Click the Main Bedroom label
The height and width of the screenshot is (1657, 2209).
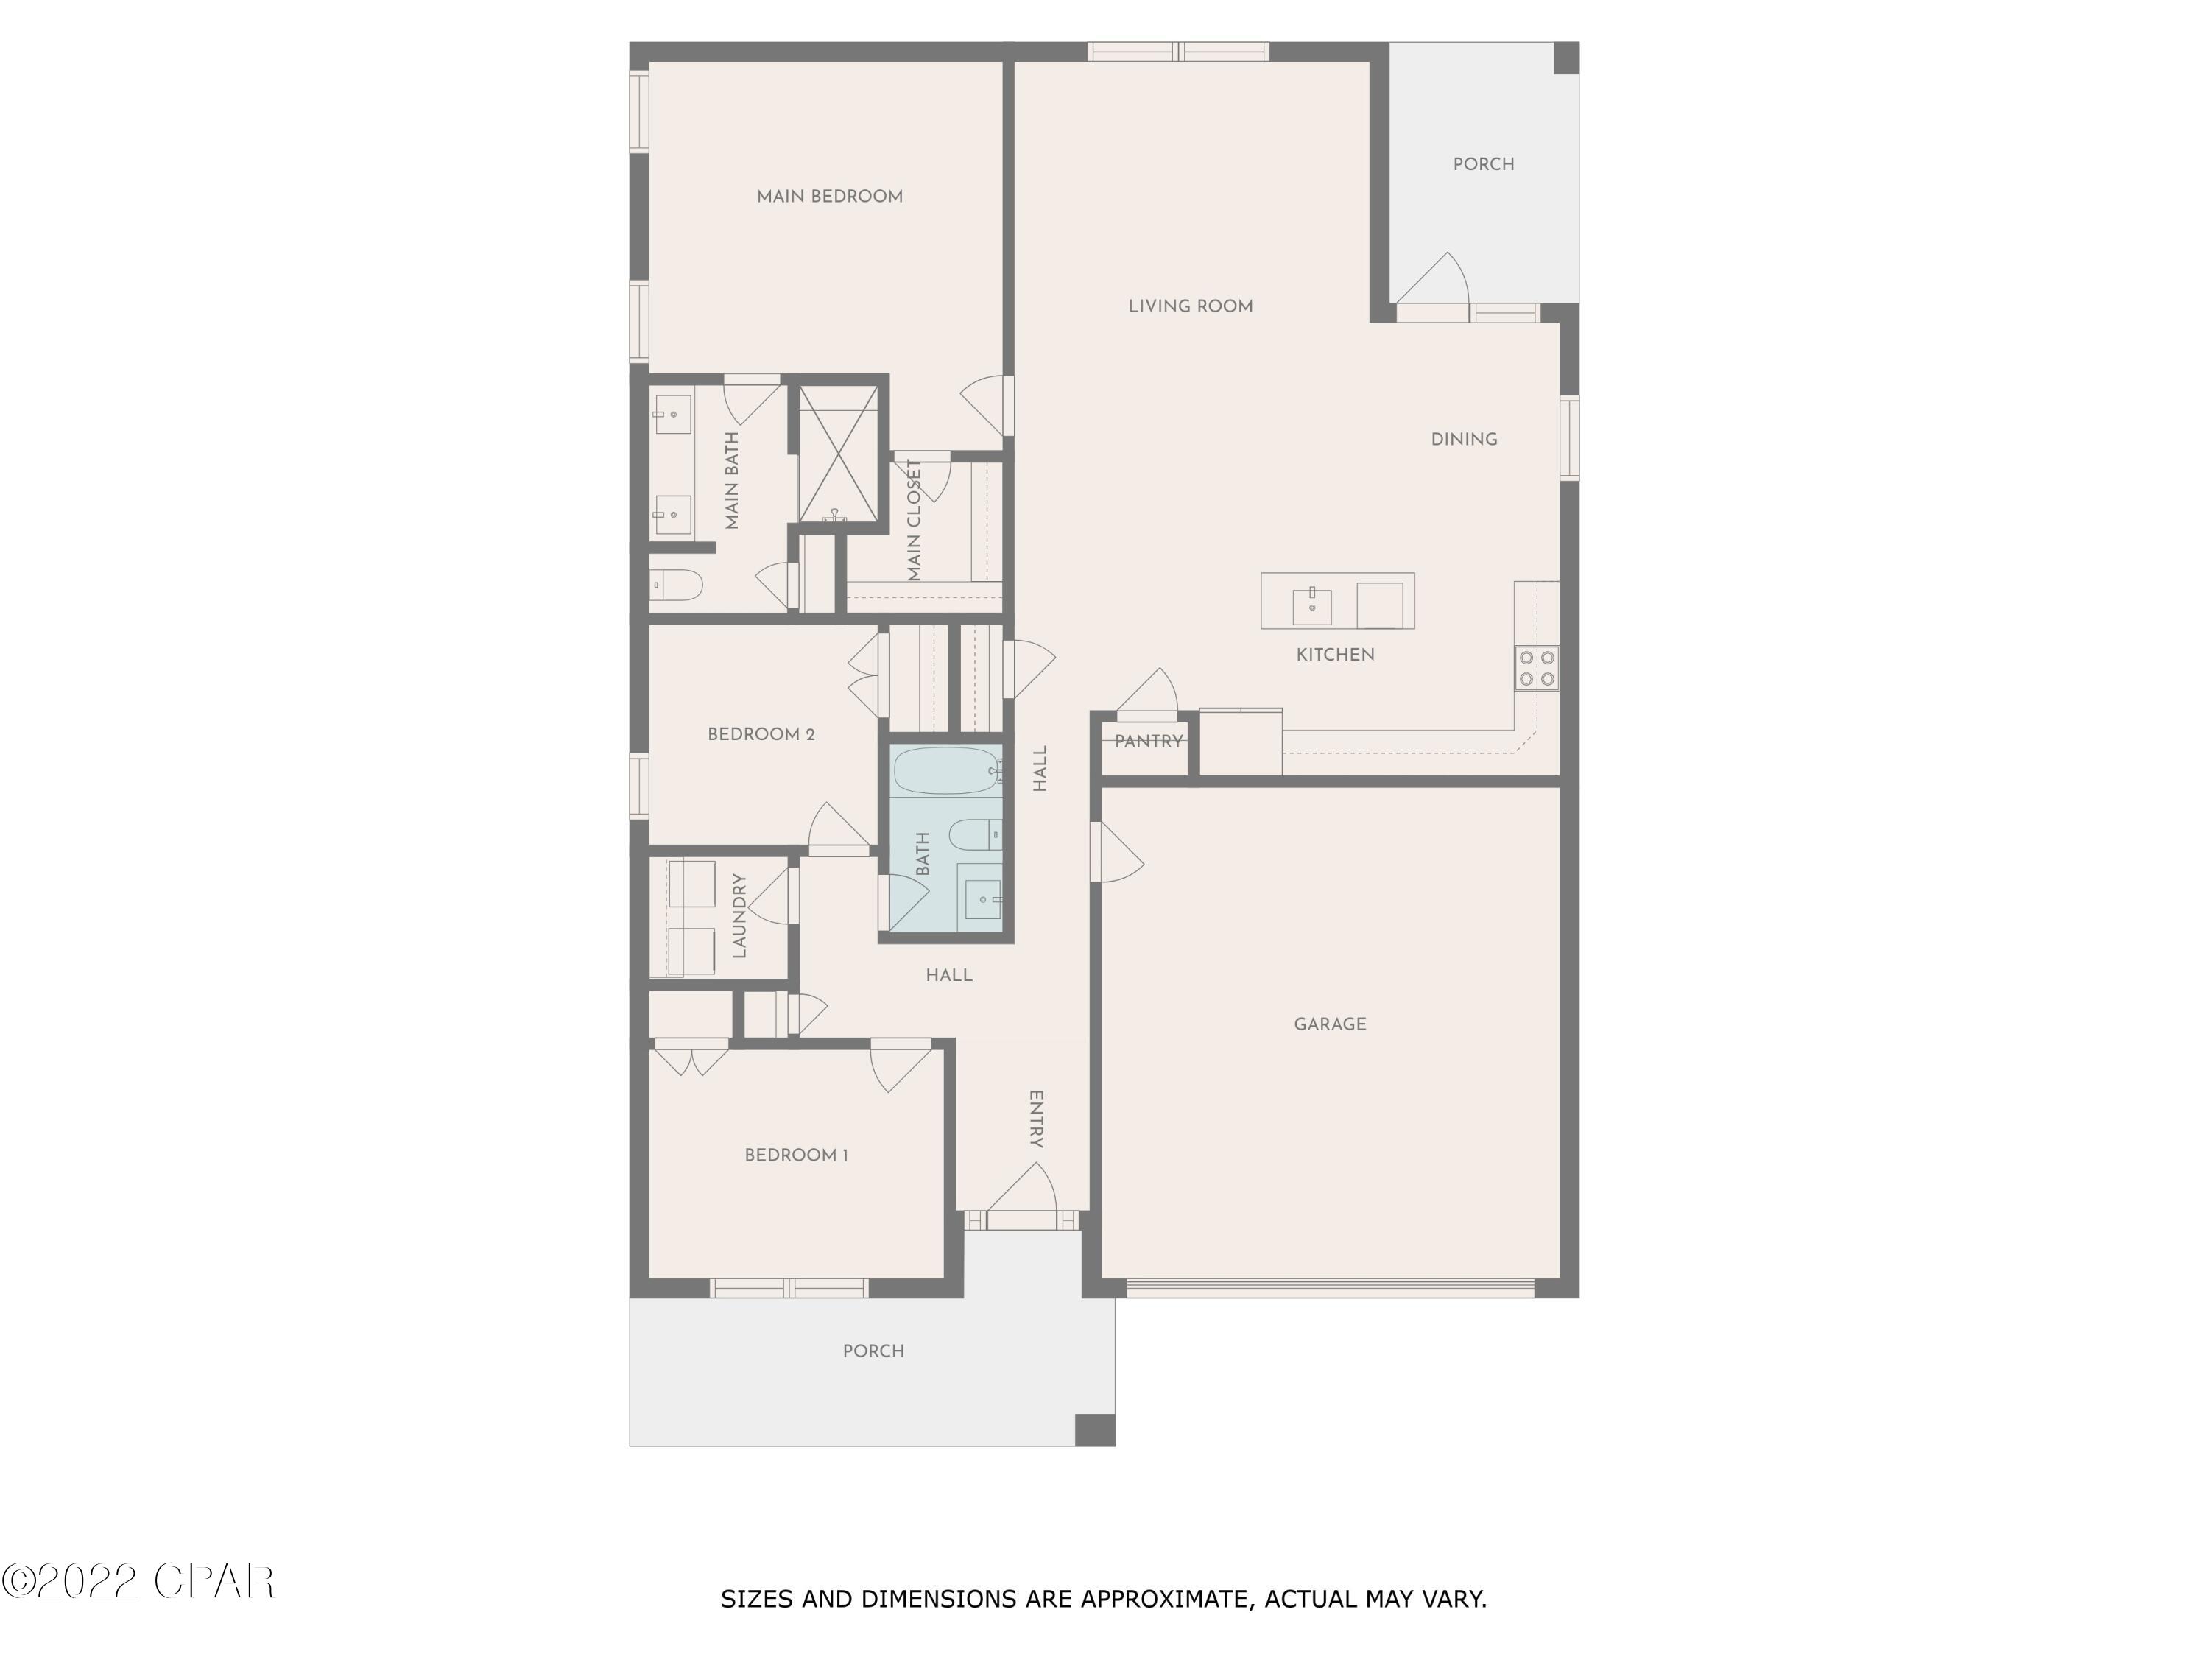tap(829, 197)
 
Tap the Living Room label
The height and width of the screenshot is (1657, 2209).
tap(1191, 306)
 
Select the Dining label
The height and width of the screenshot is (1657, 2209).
tap(1463, 440)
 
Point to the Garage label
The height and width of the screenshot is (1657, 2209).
tap(1329, 1024)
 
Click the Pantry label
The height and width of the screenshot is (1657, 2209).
tap(1149, 741)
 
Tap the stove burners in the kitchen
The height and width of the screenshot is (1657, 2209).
tap(1536, 667)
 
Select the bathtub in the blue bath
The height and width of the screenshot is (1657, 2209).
tap(945, 770)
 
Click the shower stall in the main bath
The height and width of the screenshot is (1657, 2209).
tap(838, 454)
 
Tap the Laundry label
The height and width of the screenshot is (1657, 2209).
tap(739, 916)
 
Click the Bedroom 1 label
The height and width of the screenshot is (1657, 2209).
tap(796, 1155)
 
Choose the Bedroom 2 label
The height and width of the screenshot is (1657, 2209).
tap(761, 735)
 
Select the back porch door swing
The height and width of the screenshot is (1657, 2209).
tap(1434, 281)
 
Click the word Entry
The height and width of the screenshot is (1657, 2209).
tap(1037, 1119)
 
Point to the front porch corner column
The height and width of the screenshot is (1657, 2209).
tap(1093, 1429)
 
